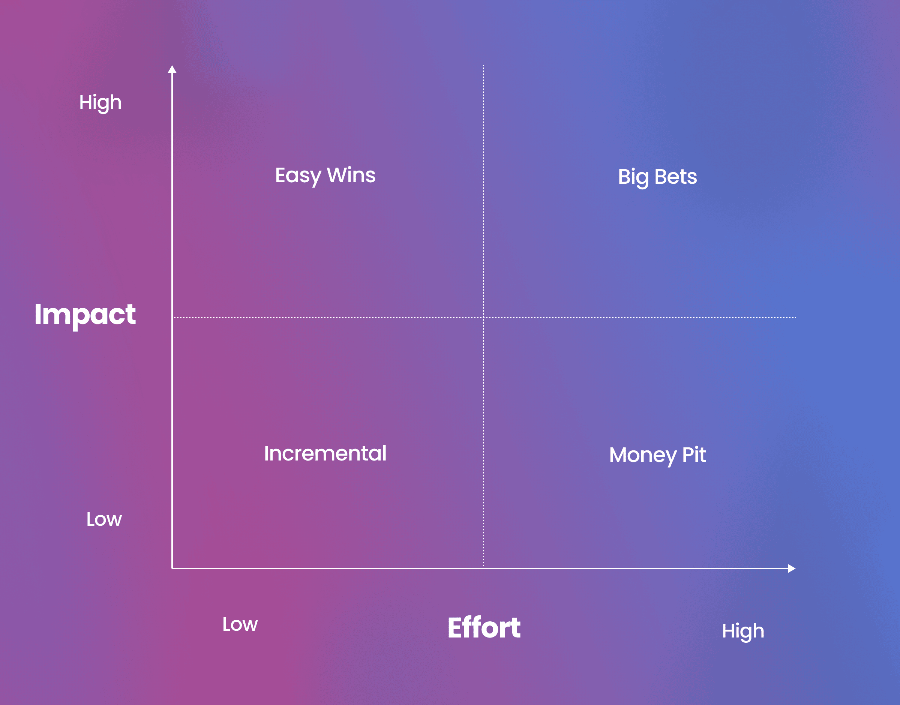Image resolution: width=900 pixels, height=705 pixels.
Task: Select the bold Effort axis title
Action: point(484,627)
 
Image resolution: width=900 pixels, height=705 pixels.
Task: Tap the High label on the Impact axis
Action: point(100,103)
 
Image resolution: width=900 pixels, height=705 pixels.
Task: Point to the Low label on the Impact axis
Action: point(104,519)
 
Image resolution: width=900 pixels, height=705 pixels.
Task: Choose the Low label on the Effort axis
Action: point(240,624)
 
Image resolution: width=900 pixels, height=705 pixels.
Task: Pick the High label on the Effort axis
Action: point(743,631)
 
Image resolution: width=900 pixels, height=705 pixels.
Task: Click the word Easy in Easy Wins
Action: point(298,176)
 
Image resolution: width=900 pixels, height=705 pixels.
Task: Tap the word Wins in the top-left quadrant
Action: point(351,175)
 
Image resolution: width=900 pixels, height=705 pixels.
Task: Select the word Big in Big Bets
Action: point(633,178)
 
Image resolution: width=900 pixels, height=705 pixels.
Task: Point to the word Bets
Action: point(676,177)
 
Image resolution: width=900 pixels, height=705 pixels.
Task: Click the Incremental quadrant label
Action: point(325,453)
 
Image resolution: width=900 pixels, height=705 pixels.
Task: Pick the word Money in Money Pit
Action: point(643,456)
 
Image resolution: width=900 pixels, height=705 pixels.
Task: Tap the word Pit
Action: point(694,455)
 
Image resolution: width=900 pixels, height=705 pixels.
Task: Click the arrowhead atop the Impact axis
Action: point(172,69)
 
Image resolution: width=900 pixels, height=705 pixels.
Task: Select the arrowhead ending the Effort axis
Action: point(792,568)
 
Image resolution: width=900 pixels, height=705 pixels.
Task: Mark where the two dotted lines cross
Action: point(483,317)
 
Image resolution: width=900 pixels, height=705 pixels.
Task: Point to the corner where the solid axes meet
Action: point(172,568)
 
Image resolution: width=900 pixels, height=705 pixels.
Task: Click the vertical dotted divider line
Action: point(483,316)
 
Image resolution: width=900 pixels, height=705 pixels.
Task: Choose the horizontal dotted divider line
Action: point(484,317)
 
